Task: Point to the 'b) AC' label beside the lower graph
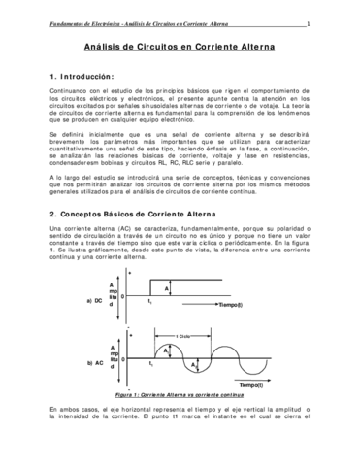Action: click(95, 362)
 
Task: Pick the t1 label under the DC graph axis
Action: click(150, 305)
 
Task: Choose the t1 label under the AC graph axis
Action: click(150, 363)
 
